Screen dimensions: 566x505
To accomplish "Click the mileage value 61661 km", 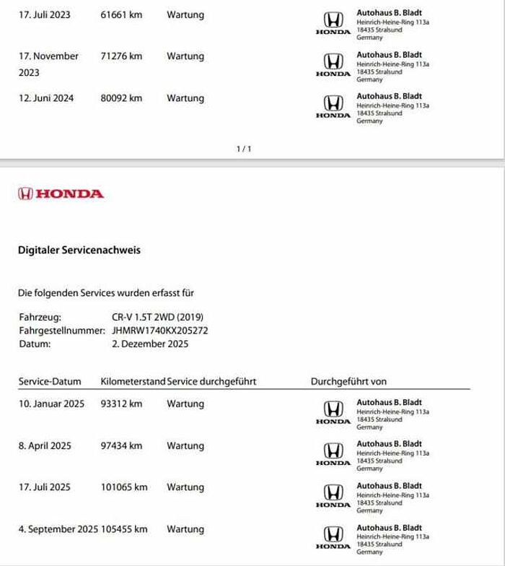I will point(121,14).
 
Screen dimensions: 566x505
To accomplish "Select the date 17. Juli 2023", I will point(44,14).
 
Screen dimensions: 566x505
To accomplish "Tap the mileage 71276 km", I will point(121,56).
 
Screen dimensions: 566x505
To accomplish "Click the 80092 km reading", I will point(121,98).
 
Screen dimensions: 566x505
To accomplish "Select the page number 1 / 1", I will point(244,149).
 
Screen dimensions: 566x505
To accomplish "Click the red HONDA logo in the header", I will point(61,193).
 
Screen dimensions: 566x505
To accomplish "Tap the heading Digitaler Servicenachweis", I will point(79,251).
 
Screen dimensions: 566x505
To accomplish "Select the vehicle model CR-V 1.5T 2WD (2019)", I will point(159,317).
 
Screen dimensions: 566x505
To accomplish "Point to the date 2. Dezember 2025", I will point(150,344).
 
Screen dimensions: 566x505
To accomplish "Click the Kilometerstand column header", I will point(133,381).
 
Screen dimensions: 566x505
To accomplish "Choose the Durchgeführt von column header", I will point(348,381).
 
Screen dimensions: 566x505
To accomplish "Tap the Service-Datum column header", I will point(49,381).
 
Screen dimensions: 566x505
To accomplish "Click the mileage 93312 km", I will point(121,404).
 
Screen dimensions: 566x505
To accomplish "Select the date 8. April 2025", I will point(45,446).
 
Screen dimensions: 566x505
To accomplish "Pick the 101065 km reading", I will point(124,487).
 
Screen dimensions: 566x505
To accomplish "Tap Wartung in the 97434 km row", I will point(185,446).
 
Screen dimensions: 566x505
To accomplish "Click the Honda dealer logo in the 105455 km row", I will point(333,536).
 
